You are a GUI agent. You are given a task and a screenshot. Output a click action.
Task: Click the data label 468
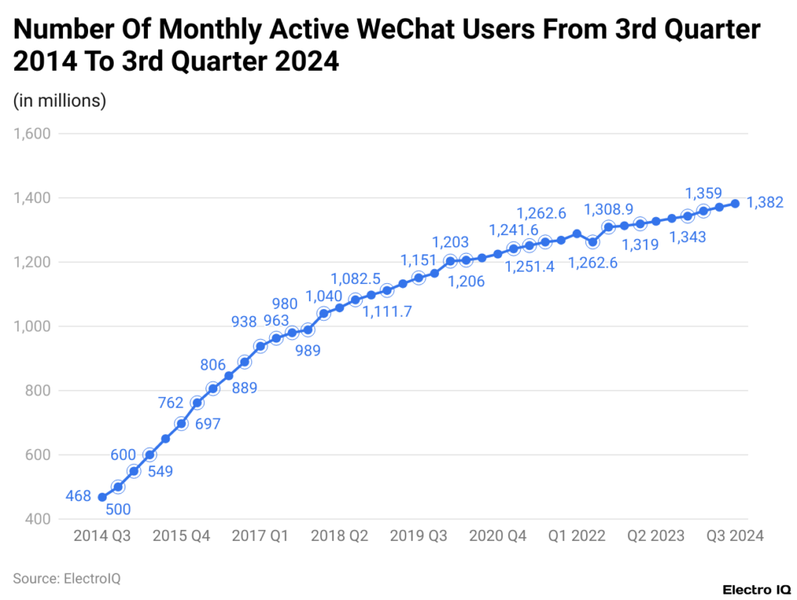pos(78,496)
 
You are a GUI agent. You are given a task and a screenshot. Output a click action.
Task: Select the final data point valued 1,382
pos(735,204)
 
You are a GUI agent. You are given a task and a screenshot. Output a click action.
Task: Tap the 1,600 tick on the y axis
pos(32,134)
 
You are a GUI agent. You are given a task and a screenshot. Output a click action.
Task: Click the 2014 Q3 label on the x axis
pos(102,536)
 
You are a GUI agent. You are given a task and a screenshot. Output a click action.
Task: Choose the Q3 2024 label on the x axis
pos(735,536)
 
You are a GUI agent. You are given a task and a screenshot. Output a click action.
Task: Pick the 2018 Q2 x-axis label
pos(339,536)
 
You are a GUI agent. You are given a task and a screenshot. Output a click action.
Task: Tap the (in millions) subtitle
pos(59,100)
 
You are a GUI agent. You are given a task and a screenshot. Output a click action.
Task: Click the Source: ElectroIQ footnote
pos(66,578)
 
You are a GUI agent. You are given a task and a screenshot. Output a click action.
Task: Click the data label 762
pos(170,403)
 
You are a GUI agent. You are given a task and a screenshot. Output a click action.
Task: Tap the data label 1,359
pos(703,192)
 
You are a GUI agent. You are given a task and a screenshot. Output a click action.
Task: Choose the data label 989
pos(307,350)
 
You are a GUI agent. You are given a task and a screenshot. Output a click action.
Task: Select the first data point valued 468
pos(102,497)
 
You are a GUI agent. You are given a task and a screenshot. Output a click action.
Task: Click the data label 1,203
pos(451,243)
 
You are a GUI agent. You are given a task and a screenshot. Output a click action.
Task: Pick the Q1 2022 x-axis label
pos(577,536)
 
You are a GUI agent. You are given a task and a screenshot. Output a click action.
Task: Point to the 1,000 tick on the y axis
pos(32,327)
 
